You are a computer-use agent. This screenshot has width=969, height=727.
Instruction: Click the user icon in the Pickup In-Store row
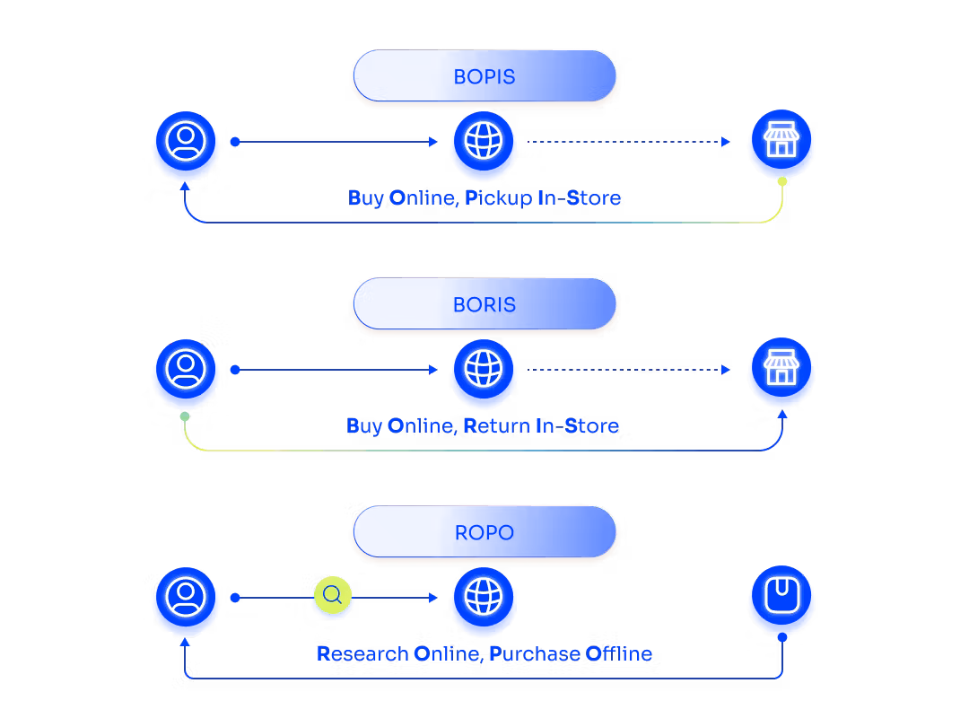[186, 142]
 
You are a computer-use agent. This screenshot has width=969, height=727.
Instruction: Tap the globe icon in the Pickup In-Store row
[484, 142]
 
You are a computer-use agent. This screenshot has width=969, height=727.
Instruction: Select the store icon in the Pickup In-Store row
[781, 142]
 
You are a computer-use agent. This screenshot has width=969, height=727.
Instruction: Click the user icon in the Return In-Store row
[186, 370]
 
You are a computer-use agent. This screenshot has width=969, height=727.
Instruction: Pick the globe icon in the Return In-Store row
[484, 370]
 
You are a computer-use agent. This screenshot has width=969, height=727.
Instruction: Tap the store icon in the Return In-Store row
[781, 370]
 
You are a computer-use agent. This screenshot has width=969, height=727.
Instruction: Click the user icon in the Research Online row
[186, 598]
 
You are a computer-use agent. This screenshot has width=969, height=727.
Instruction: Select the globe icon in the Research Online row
[484, 598]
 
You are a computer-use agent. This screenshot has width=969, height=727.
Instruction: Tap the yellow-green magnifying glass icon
[333, 595]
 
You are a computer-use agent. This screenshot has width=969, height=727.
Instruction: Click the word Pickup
[499, 198]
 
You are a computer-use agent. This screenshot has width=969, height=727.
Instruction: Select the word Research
[362, 653]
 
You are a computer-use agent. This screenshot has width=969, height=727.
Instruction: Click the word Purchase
[534, 653]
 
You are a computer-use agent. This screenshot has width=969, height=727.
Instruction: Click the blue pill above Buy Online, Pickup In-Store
[484, 75]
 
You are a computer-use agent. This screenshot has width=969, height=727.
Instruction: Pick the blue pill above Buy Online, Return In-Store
[484, 303]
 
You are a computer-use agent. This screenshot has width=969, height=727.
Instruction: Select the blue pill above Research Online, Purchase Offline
[484, 531]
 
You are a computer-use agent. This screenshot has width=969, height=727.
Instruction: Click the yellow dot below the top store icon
[782, 181]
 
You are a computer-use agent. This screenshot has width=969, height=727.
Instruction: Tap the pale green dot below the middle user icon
[184, 416]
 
